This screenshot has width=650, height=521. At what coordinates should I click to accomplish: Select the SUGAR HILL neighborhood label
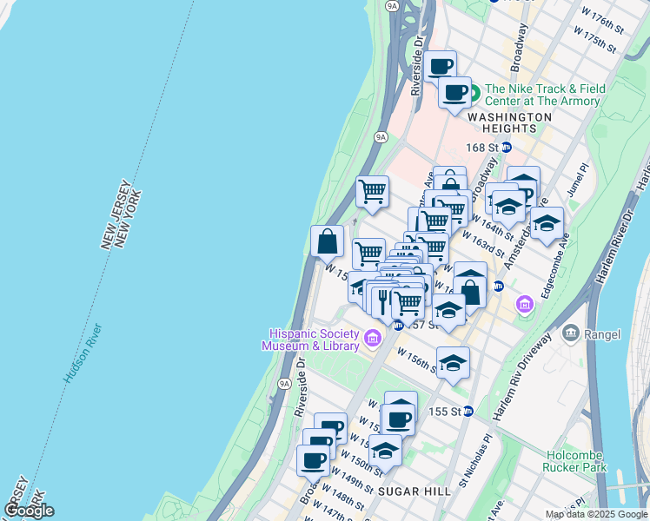click(x=414, y=491)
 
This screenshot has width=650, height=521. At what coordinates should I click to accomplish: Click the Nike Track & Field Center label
click(x=542, y=95)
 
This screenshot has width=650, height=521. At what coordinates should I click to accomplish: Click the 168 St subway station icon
click(x=507, y=148)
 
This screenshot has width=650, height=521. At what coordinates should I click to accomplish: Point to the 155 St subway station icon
click(x=468, y=411)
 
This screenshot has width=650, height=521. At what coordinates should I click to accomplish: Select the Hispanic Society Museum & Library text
click(x=313, y=340)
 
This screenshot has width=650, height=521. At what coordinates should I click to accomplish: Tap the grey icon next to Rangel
click(x=571, y=333)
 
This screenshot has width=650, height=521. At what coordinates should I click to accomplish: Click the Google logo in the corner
click(x=29, y=511)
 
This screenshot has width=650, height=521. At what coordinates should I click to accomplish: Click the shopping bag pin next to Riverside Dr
click(x=328, y=242)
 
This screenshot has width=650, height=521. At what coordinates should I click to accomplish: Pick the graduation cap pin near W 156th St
click(x=453, y=363)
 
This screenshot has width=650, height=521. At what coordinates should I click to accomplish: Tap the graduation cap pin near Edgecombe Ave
click(x=547, y=224)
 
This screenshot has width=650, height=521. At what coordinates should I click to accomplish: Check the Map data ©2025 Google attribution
click(x=595, y=514)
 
